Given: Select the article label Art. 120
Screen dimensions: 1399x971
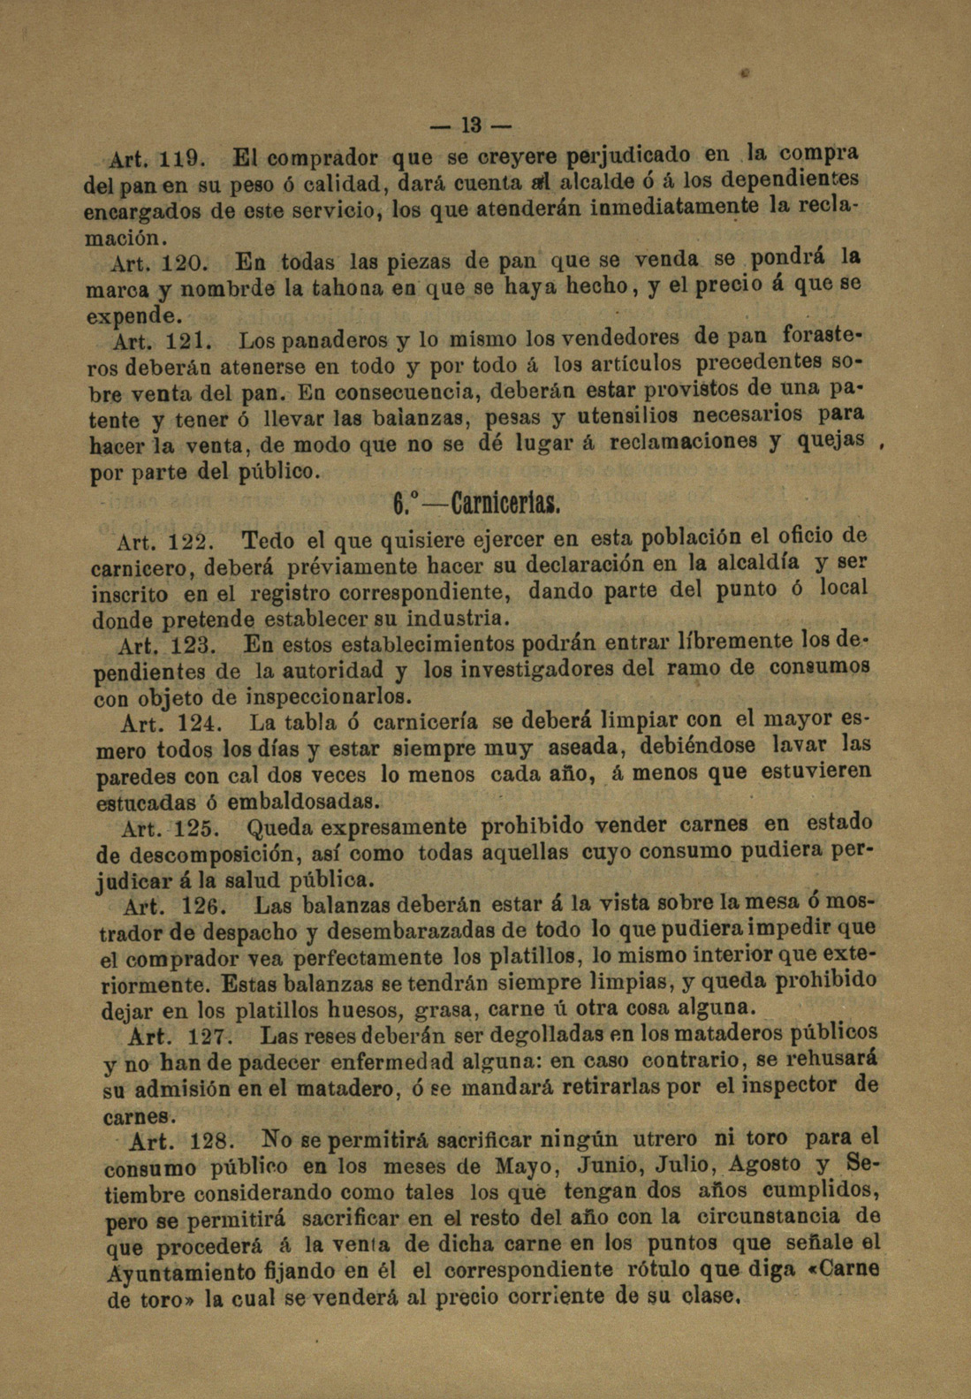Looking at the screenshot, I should click(159, 262).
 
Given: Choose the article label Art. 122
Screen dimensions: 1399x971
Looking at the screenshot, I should click(167, 539).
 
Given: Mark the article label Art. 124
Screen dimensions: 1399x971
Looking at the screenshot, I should click(169, 724).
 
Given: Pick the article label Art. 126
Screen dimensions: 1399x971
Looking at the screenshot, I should click(176, 907).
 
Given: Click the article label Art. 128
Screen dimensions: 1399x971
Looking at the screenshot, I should click(181, 1139).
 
